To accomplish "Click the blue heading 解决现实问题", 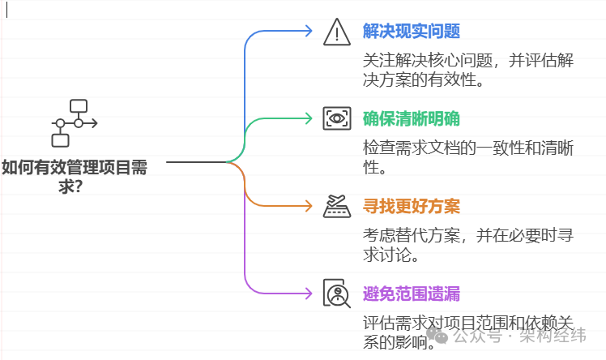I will (x=412, y=32).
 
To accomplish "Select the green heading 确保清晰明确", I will (x=412, y=119).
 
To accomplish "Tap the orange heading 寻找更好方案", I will (x=412, y=206).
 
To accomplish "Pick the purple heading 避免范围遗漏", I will (x=412, y=293).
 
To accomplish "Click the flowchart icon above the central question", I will (x=74, y=122).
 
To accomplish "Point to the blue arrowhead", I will (x=308, y=31).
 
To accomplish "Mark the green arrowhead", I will (x=308, y=118).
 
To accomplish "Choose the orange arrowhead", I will (x=308, y=206).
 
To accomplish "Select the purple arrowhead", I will (x=308, y=293).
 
